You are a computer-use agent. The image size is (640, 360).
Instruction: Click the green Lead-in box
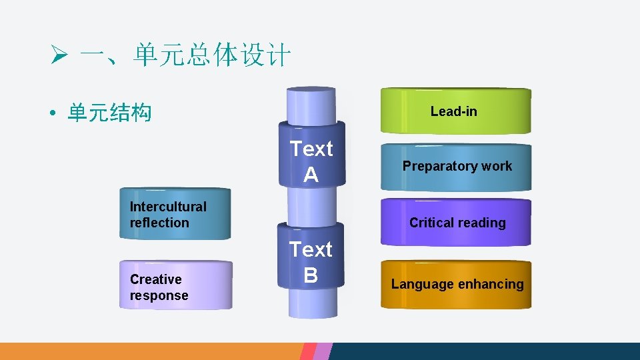[455, 111]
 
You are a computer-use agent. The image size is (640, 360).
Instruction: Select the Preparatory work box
[457, 167]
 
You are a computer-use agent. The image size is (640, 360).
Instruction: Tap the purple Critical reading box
[457, 223]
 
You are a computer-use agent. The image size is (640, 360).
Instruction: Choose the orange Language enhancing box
[457, 285]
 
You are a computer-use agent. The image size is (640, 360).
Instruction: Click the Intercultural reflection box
[175, 215]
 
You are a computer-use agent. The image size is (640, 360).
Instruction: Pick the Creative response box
[175, 287]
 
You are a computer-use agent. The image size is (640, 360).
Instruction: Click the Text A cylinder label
[311, 161]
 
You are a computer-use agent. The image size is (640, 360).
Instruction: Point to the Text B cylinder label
[310, 262]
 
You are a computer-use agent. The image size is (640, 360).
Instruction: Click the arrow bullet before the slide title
[59, 55]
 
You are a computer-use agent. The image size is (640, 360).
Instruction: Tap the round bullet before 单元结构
[51, 115]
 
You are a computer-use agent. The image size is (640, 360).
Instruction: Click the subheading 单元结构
[109, 114]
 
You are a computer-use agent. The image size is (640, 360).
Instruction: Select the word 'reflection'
[159, 223]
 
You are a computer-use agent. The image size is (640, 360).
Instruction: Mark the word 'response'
[159, 295]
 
